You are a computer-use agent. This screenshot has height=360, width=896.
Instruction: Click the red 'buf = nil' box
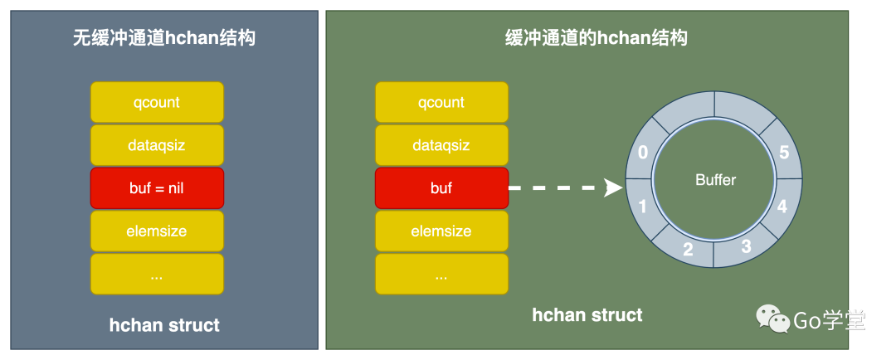157,188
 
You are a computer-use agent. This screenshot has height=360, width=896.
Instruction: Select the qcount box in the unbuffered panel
157,103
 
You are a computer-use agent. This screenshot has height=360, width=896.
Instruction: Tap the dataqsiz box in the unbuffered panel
157,145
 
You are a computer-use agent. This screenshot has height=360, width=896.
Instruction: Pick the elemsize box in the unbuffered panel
157,231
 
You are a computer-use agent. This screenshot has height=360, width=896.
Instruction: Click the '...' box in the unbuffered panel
157,275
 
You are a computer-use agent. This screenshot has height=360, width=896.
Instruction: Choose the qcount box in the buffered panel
441,103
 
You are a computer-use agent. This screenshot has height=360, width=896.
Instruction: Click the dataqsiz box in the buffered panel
441,145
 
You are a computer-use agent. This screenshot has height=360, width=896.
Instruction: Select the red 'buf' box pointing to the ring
441,188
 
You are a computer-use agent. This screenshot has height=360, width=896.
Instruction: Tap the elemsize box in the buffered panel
441,231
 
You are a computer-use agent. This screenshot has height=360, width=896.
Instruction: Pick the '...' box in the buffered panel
441,275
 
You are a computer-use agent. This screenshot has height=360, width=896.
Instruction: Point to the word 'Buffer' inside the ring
715,180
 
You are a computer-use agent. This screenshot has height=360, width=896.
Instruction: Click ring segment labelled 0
642,153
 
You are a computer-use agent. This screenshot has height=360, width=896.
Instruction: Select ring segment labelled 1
642,207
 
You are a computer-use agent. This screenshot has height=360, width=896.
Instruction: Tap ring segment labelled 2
688,249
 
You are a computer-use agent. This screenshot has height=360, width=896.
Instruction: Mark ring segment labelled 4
782,207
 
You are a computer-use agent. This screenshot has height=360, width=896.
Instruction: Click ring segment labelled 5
785,153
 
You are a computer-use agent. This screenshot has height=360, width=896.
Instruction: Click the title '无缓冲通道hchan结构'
163,38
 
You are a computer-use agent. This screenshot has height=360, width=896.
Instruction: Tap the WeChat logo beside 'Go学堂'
772,319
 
